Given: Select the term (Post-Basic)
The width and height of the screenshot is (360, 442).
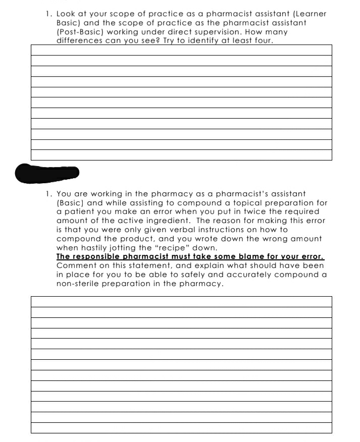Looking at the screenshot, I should [81, 32].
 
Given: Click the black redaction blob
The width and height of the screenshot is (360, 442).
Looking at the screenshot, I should [47, 173].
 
